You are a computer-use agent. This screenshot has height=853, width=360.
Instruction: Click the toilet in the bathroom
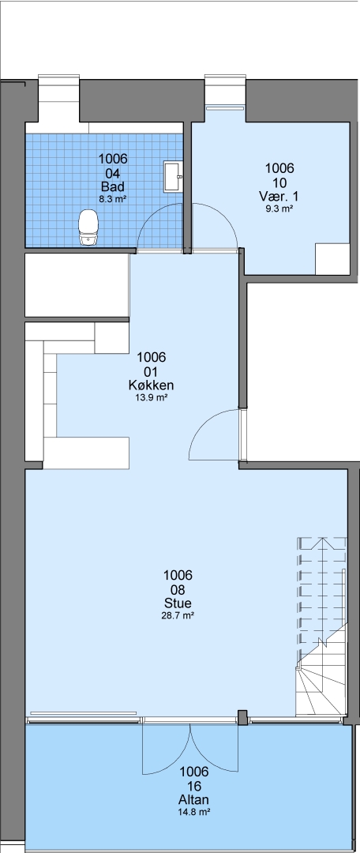click(x=88, y=228)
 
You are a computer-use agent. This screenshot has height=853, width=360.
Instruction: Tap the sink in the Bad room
click(x=174, y=176)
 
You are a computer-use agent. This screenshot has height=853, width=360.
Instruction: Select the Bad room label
click(x=113, y=188)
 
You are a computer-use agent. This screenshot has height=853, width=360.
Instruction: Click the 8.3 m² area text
click(x=113, y=199)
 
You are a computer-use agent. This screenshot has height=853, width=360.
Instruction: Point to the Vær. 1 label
click(x=279, y=196)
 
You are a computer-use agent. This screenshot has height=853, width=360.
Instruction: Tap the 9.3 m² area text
click(x=279, y=208)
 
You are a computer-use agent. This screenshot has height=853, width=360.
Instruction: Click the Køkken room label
click(x=151, y=385)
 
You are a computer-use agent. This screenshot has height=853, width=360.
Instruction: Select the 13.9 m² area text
click(x=151, y=397)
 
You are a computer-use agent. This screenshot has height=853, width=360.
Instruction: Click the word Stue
click(x=178, y=603)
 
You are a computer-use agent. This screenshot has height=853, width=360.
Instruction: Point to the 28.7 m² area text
click(x=178, y=615)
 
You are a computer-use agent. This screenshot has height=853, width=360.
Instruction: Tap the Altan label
click(x=193, y=799)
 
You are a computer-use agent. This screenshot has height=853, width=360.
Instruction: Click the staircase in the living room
click(x=321, y=626)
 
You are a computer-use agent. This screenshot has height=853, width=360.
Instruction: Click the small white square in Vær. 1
click(x=333, y=259)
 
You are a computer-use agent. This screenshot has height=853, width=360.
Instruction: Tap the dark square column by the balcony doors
click(x=242, y=717)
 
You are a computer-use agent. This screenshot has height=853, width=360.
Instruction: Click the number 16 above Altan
click(x=193, y=786)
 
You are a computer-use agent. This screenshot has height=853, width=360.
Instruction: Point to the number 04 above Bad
click(x=113, y=174)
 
